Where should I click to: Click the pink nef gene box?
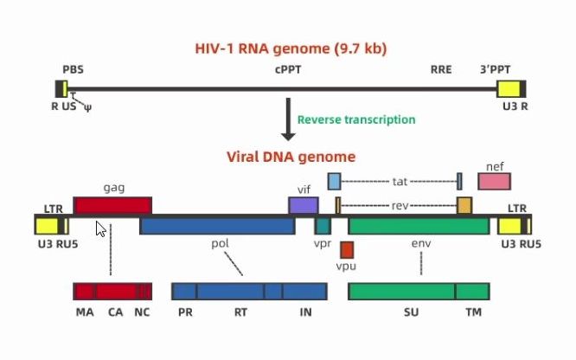pos(494,181)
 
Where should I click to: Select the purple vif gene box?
pos(303,205)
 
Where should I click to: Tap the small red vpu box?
pos(347,249)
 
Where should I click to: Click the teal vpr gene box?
pos(323,226)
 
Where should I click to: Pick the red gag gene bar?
pos(112,205)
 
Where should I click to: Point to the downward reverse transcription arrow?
pos(288,121)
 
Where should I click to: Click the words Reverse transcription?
pos(356,119)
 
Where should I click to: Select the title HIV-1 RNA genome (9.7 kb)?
pos(291,48)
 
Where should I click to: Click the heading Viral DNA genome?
pos(291,157)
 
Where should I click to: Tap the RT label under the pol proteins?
pos(241,312)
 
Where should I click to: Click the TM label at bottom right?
pos(473,312)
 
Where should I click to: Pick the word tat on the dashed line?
pos(400,181)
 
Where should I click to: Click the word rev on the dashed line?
pos(399,205)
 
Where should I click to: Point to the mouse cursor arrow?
pos(100,229)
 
